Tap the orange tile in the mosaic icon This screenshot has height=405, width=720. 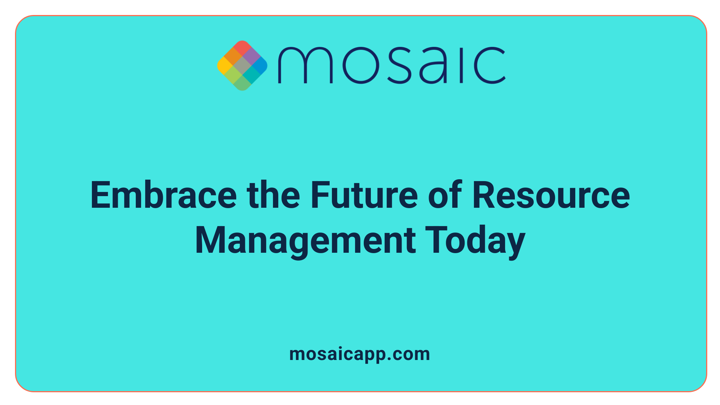[233, 57]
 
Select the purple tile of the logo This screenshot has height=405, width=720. [251, 57]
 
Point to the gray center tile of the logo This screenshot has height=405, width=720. [242, 66]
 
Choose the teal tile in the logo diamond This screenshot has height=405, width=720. [251, 74]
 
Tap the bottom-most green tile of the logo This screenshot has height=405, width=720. [242, 83]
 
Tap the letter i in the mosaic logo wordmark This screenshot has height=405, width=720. [462, 65]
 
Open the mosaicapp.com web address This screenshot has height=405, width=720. [360, 354]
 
